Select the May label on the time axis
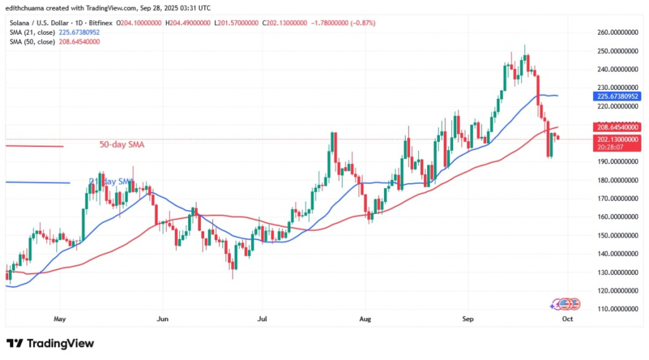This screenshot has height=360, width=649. point(60,319)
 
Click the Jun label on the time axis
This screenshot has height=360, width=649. point(163,319)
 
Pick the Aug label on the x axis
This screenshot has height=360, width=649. point(364,319)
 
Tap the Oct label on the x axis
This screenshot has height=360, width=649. point(567,319)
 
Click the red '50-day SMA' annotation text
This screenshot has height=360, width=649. point(122,145)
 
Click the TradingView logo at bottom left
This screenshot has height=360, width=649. point(50,344)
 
